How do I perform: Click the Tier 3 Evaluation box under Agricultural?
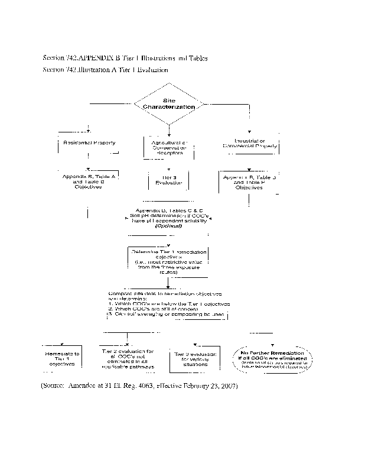coord(169,180)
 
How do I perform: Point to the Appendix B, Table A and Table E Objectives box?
coord(89,181)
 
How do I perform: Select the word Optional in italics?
coord(168,226)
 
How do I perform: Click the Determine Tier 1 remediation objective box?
coord(169,261)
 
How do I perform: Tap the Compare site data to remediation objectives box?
coord(168,304)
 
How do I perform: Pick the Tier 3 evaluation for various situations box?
coord(194,359)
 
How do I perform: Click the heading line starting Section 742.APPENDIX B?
coord(125,59)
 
